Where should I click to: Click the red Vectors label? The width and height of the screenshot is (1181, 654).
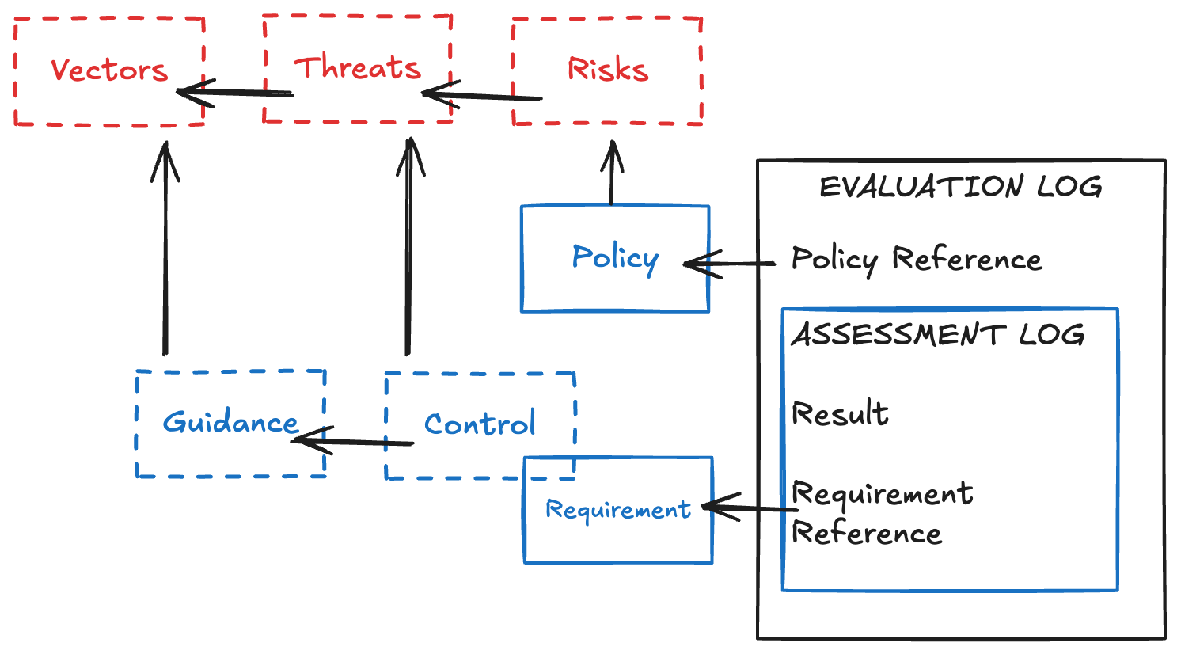109,70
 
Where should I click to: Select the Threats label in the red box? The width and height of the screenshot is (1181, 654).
357,67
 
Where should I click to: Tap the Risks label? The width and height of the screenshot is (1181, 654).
607,70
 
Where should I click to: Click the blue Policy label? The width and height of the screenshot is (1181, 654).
615,257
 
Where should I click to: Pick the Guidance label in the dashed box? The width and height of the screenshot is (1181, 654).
230,422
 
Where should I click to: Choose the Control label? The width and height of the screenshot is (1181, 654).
480,424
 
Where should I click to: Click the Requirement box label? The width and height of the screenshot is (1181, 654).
617,510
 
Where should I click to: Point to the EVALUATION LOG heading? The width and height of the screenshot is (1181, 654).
960,187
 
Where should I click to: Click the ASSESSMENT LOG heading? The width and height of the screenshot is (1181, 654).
938,335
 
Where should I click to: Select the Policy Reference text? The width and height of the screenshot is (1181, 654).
916,259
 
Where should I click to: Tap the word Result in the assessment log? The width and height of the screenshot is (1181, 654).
840,413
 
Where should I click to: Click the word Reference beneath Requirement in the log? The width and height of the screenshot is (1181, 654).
867,533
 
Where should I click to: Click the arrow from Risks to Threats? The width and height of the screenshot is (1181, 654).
482,97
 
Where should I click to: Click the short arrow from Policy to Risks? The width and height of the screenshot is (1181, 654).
611,174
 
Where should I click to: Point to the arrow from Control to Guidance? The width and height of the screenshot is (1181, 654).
353,441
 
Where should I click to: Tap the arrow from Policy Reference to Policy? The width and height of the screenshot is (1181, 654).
729,264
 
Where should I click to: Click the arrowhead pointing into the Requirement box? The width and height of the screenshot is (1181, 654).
716,507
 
